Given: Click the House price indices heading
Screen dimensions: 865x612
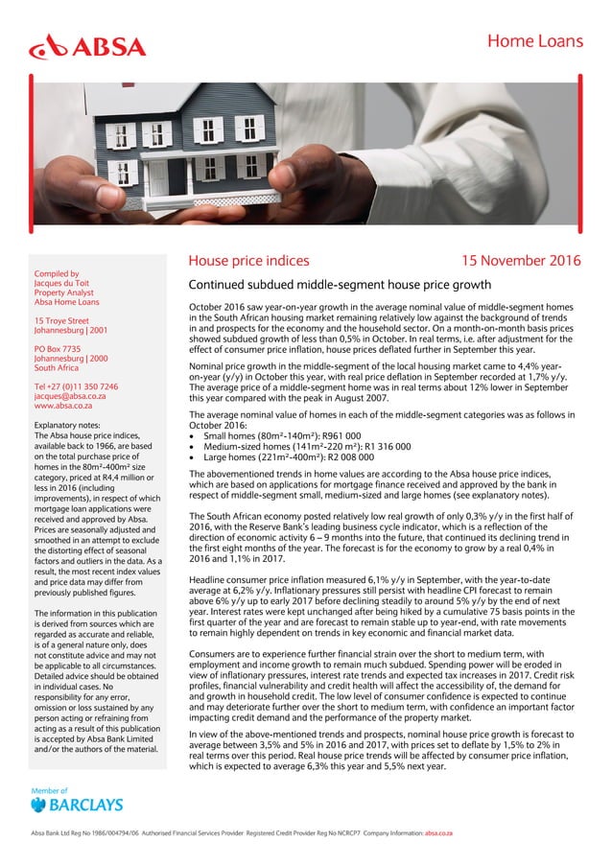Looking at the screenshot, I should [248, 261].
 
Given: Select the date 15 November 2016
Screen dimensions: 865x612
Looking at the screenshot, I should [513, 261].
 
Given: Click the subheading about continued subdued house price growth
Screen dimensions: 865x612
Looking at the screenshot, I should [340, 285].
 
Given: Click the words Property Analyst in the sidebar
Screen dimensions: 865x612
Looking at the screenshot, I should [66, 296].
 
